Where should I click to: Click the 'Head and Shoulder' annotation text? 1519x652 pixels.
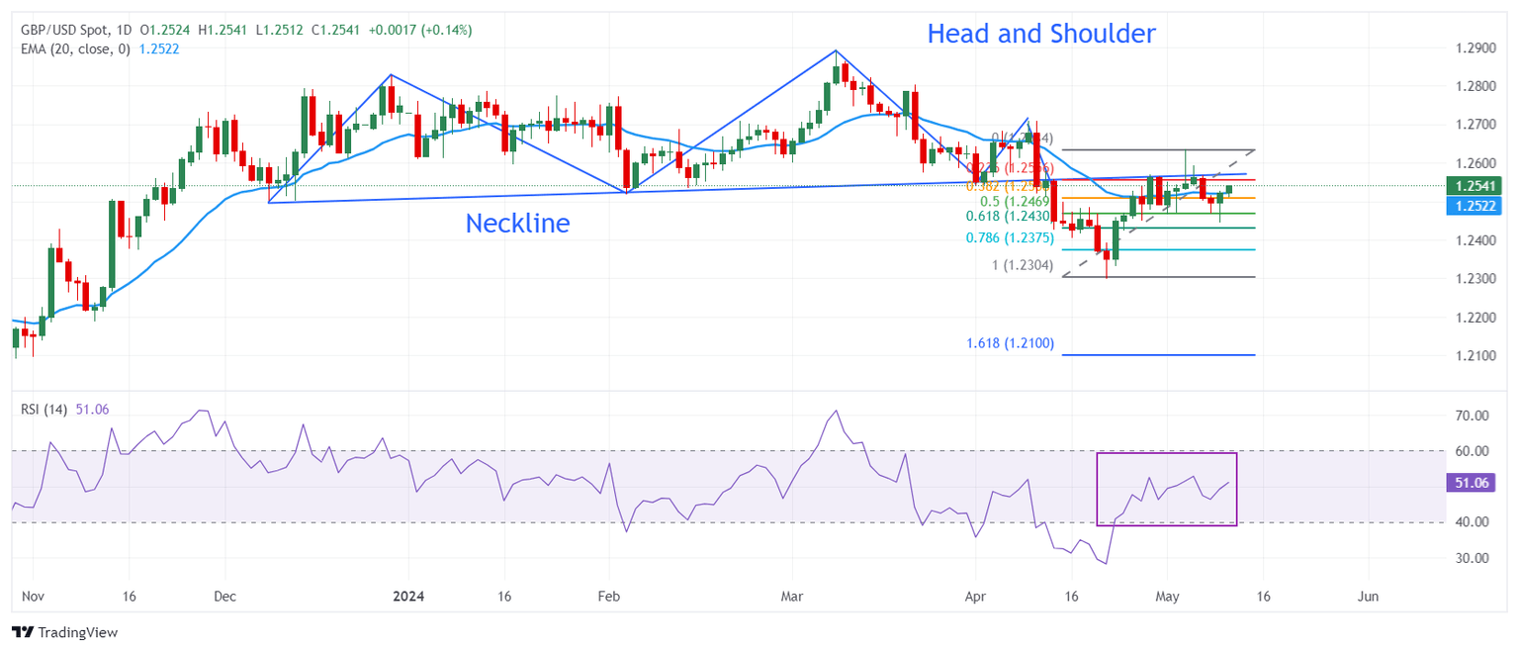pyautogui.click(x=1040, y=34)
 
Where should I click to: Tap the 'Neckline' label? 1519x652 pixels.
pyautogui.click(x=517, y=224)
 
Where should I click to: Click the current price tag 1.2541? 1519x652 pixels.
pyautogui.click(x=1474, y=186)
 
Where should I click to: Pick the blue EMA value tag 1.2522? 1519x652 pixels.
pyautogui.click(x=1474, y=206)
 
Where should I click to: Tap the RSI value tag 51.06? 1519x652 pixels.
pyautogui.click(x=1474, y=483)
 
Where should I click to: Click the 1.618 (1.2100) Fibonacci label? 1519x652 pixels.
pyautogui.click(x=1010, y=343)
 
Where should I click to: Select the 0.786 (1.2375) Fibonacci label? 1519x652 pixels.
pyautogui.click(x=1010, y=238)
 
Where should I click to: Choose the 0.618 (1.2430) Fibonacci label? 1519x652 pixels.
pyautogui.click(x=1010, y=217)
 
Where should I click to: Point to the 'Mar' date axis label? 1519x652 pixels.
pyautogui.click(x=792, y=597)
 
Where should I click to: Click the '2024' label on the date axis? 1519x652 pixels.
pyautogui.click(x=408, y=597)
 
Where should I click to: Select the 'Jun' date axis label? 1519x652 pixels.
pyautogui.click(x=1368, y=597)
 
